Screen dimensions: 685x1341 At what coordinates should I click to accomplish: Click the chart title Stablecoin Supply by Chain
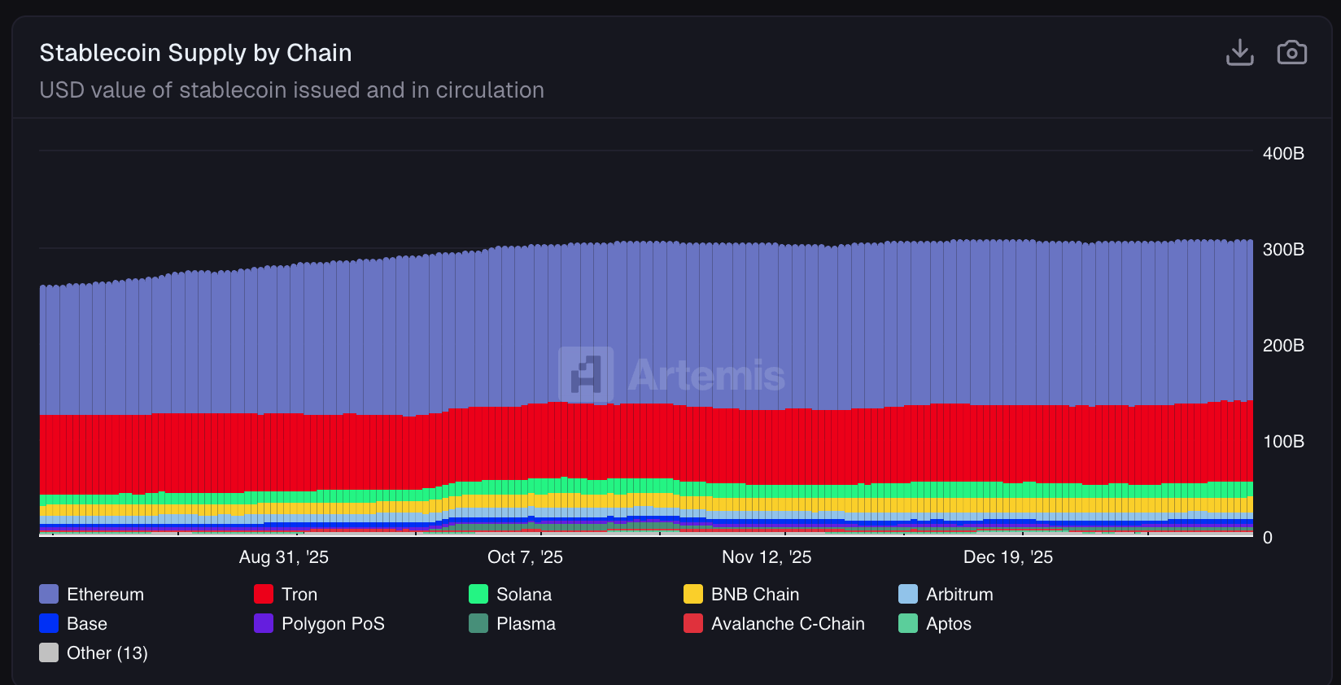point(195,53)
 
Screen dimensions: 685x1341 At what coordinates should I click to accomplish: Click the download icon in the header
point(1239,53)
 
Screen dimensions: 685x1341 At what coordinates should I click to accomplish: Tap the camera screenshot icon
point(1291,53)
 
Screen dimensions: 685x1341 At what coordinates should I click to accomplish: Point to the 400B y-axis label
point(1283,154)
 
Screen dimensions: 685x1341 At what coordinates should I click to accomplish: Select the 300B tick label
point(1283,250)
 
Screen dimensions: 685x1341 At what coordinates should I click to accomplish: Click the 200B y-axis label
point(1283,346)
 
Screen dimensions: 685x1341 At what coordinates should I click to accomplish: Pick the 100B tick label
point(1283,442)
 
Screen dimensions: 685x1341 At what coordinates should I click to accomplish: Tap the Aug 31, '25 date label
point(283,557)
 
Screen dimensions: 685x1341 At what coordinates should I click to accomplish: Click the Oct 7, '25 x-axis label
point(525,557)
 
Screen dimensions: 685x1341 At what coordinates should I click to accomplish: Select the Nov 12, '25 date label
point(767,557)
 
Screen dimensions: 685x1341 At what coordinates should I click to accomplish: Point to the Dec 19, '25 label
point(1008,557)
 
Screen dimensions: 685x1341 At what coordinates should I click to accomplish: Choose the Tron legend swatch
point(264,594)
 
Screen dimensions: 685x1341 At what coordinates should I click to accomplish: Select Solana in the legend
point(523,595)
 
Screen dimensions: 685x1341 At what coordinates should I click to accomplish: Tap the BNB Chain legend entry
point(754,595)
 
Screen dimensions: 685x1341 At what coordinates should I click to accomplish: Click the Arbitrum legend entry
point(959,595)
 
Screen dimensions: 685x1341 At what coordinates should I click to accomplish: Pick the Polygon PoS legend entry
point(332,624)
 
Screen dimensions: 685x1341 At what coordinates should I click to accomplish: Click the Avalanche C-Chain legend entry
point(787,624)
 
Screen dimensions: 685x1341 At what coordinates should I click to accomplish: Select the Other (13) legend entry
point(107,653)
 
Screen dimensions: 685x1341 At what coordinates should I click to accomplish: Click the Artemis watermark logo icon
point(586,374)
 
